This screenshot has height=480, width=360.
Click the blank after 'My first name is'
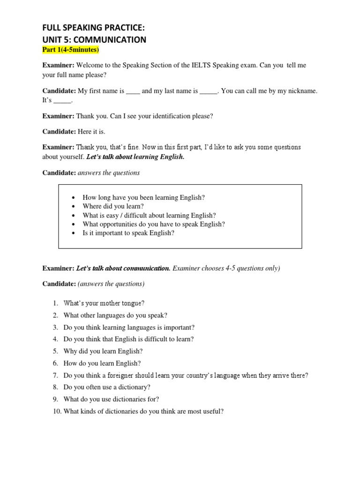pyautogui.click(x=133, y=91)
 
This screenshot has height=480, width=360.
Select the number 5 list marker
pyautogui.click(x=55, y=351)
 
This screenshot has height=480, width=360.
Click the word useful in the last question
pyautogui.click(x=211, y=412)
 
